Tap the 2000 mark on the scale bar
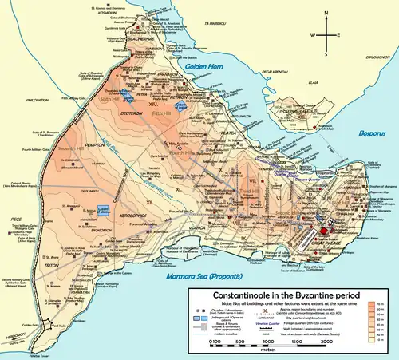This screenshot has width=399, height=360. click(326, 341)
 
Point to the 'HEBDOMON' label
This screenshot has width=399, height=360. click(13, 337)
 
